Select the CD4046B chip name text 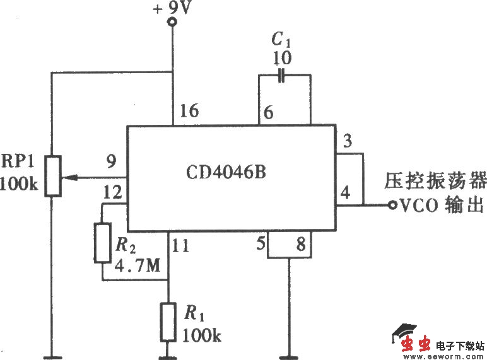(x=226, y=171)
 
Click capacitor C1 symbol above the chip (x=283, y=76)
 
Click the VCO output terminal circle (x=391, y=205)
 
